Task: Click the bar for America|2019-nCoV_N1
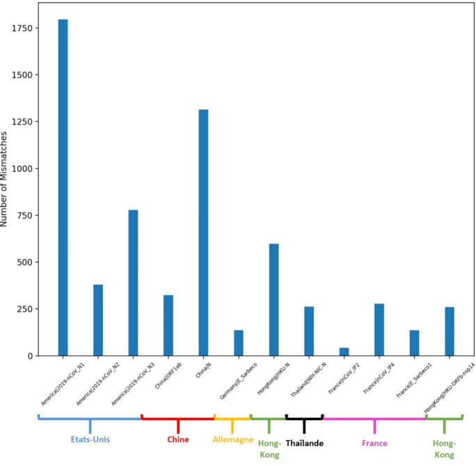click(63, 187)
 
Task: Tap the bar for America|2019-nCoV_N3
click(133, 283)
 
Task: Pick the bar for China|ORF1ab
click(168, 325)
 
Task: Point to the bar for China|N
click(203, 233)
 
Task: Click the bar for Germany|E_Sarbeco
click(239, 343)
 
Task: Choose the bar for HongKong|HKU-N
click(273, 300)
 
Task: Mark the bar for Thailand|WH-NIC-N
click(309, 331)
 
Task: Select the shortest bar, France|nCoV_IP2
click(344, 352)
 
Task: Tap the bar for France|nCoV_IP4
click(379, 329)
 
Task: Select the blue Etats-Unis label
click(90, 440)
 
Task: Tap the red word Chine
click(177, 440)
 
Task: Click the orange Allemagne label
click(232, 440)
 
